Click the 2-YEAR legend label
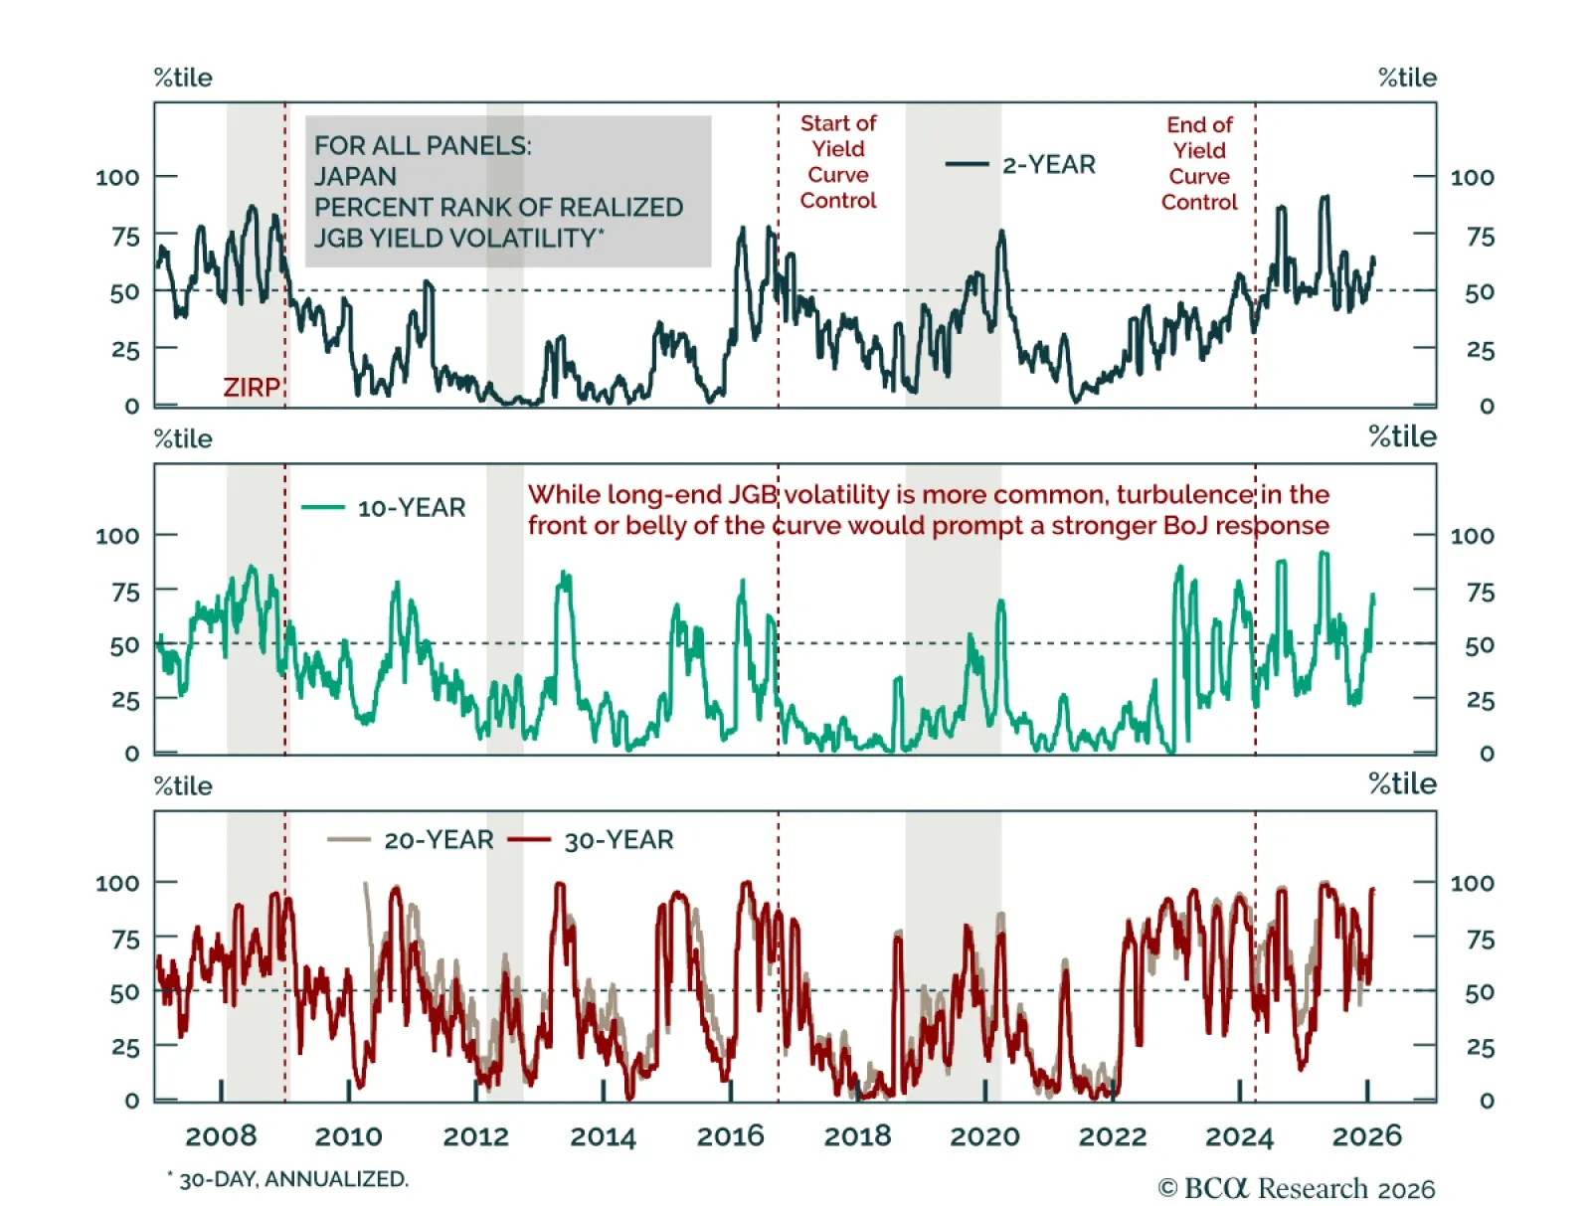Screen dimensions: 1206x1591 coord(1048,165)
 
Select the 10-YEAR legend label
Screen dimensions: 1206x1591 coord(411,508)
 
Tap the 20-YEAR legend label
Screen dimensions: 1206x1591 coord(439,840)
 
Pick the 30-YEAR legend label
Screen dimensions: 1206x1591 coord(619,840)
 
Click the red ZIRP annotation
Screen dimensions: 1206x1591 coord(251,387)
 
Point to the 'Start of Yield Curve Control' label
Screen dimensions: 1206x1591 coord(838,162)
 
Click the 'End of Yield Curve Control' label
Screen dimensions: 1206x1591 coord(1199,164)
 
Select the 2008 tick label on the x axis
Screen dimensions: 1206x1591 coord(221,1136)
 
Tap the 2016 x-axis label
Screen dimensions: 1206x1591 coord(730,1136)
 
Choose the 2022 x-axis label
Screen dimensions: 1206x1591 coord(1112,1136)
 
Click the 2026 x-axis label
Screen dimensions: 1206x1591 coord(1366,1136)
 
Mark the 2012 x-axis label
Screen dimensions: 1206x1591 coord(475,1136)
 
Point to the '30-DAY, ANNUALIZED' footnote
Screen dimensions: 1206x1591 coord(292,1179)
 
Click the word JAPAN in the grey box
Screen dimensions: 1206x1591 coord(355,177)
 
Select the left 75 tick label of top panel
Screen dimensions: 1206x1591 coord(125,238)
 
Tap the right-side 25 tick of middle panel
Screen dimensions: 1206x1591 coord(1481,701)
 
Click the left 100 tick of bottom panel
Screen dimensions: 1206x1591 coord(117,883)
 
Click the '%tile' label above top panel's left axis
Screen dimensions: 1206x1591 coord(183,79)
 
